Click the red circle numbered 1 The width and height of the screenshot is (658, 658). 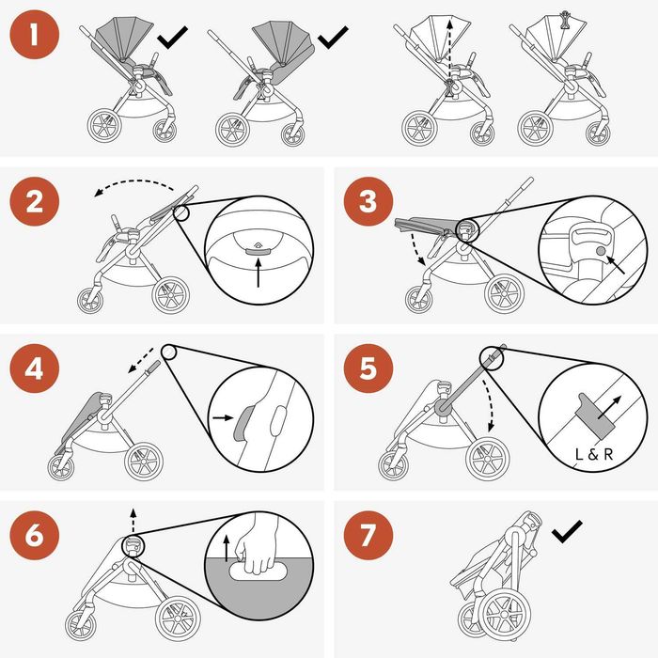pyautogui.click(x=35, y=35)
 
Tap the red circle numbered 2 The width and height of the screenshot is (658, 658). pyautogui.click(x=35, y=201)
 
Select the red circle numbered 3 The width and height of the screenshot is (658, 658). pyautogui.click(x=368, y=201)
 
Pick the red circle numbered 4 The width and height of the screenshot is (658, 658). pyautogui.click(x=35, y=368)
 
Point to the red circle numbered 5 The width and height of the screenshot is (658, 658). pyautogui.click(x=368, y=368)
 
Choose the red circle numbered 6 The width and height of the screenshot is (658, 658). pyautogui.click(x=35, y=535)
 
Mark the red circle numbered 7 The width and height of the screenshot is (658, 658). pyautogui.click(x=368, y=535)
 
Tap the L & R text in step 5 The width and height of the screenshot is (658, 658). pyautogui.click(x=594, y=454)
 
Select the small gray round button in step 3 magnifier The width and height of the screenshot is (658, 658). pyautogui.click(x=601, y=251)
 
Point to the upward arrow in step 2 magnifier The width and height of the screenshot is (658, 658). pyautogui.click(x=258, y=273)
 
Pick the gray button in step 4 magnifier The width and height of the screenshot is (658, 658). pyautogui.click(x=241, y=425)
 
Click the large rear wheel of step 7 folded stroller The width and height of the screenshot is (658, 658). pyautogui.click(x=505, y=611)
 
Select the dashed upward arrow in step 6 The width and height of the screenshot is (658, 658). pyautogui.click(x=133, y=521)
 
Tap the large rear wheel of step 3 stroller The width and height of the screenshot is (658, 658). pyautogui.click(x=504, y=293)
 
